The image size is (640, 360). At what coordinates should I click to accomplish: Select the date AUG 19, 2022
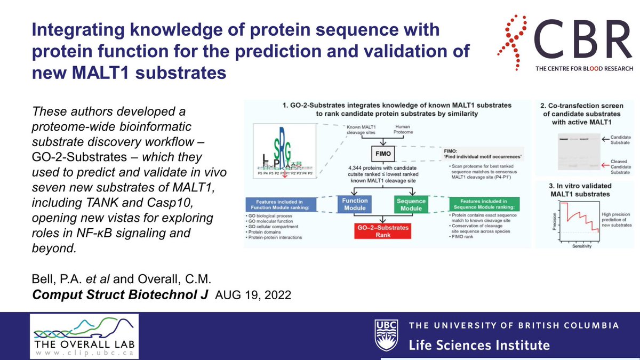click(x=253, y=295)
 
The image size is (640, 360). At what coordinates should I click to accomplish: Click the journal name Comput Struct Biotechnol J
click(x=121, y=295)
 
